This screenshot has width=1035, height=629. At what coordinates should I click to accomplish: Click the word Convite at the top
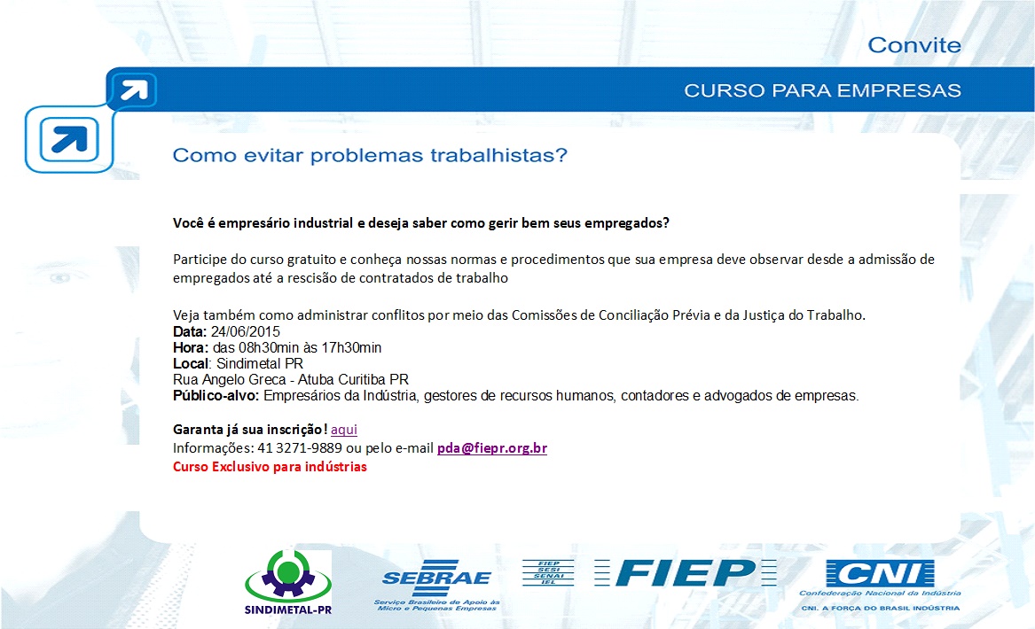[914, 45]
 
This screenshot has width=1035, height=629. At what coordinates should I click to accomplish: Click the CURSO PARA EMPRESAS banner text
[822, 90]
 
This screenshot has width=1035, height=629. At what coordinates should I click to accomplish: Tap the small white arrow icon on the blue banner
[134, 89]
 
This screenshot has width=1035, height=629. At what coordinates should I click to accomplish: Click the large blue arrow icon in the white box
[69, 139]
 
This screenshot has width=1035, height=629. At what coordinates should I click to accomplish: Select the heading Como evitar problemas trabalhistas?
[370, 156]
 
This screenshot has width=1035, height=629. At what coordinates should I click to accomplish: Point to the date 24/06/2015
[246, 331]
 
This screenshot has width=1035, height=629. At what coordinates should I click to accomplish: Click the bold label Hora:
[191, 347]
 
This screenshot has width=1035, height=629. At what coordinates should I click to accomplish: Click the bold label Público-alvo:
[216, 396]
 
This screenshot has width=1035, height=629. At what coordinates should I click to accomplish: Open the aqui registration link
[344, 430]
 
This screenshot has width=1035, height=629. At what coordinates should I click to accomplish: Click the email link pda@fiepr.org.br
[491, 448]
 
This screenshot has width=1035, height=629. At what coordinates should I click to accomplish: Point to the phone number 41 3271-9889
[300, 448]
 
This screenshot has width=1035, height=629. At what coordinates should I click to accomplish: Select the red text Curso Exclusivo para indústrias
[270, 467]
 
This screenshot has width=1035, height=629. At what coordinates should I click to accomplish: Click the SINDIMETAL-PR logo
[287, 582]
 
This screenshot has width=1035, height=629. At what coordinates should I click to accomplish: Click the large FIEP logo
[686, 572]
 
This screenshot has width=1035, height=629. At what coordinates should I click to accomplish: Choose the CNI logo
[881, 586]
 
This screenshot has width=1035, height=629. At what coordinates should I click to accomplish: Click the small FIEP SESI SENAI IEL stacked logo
[548, 572]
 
